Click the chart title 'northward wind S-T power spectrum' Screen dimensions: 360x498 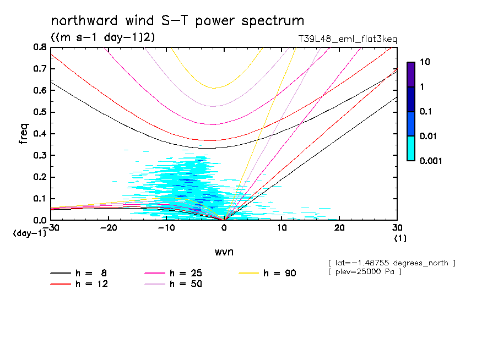[x=177, y=21]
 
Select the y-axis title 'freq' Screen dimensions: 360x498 [x=24, y=134]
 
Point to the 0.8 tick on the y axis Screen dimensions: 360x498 [x=40, y=47]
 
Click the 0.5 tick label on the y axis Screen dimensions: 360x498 [x=40, y=112]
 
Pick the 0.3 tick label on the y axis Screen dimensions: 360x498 [x=40, y=156]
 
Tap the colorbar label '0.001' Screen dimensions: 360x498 [x=431, y=161]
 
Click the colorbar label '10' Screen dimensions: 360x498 [x=425, y=62]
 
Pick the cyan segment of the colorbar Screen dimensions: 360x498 [x=411, y=148]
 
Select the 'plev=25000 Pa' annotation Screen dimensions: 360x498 [x=364, y=272]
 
